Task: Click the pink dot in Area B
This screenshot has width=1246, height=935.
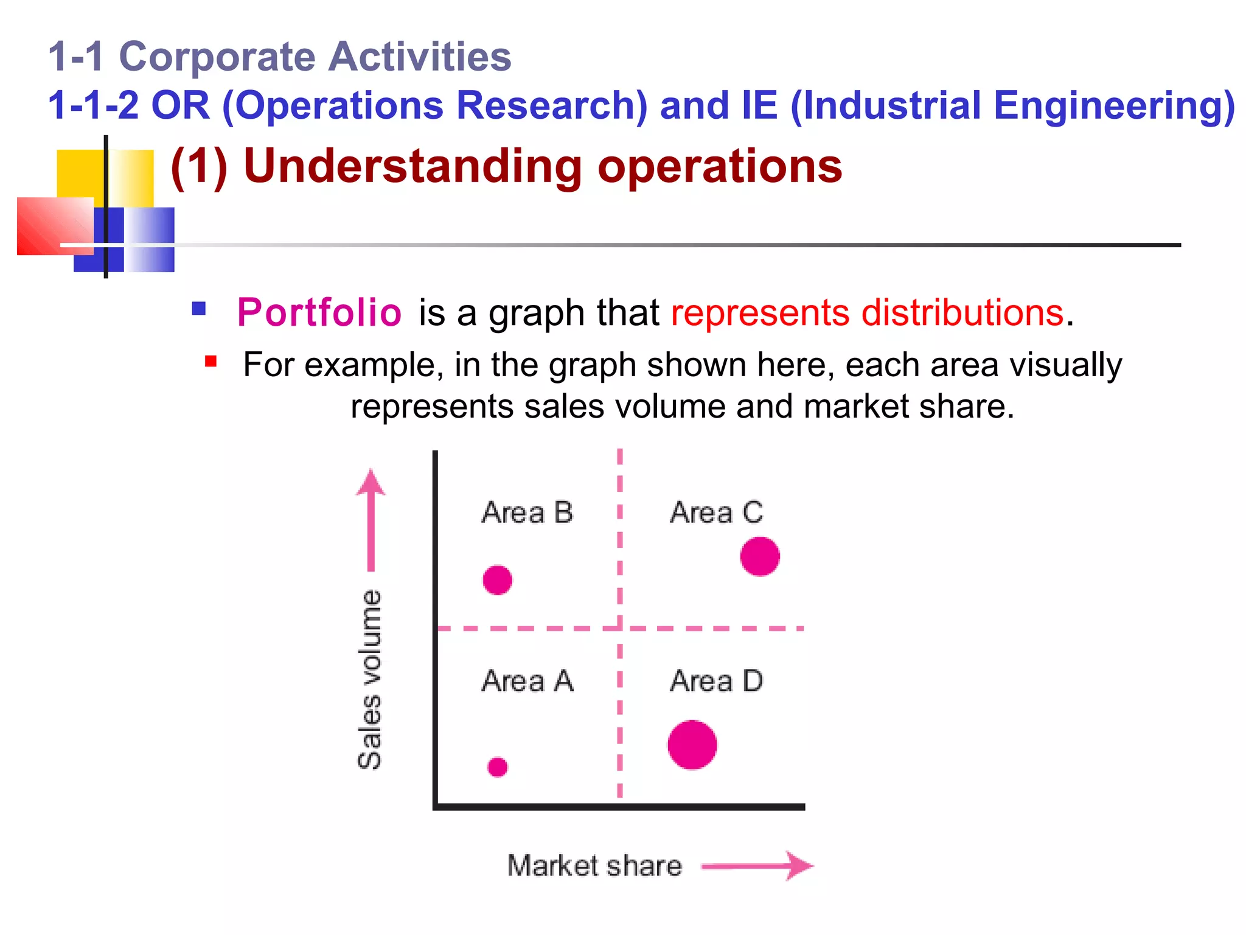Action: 497,580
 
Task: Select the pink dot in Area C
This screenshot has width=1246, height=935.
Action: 760,556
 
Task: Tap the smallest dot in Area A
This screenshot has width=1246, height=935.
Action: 497,767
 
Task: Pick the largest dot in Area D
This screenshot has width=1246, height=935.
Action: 692,744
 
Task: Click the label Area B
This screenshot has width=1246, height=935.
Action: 527,513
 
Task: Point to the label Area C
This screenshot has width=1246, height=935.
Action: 716,513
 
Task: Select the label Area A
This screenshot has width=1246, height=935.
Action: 527,681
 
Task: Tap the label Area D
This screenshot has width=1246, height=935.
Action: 716,681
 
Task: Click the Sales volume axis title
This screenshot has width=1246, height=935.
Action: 370,679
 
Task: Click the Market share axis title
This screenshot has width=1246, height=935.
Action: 594,866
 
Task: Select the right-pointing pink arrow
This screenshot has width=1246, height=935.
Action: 757,866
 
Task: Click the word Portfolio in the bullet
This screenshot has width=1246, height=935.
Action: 319,312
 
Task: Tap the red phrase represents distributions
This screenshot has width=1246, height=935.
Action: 867,312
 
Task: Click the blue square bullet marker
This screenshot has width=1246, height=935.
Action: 198,309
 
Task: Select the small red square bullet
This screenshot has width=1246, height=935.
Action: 211,362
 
